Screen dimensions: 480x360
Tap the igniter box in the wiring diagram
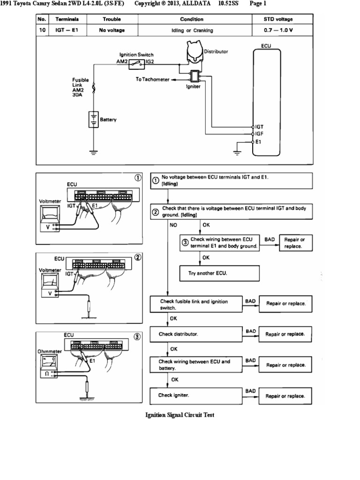coord(194,75)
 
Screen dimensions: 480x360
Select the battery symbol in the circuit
coord(93,120)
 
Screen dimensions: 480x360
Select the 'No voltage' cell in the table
coord(112,30)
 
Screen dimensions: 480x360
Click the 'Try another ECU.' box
coord(219,273)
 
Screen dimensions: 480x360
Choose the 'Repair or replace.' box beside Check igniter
coord(285,396)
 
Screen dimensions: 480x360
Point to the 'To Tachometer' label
coord(152,79)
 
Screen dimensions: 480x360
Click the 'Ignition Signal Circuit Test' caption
coord(180,415)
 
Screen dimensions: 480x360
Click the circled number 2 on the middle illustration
coord(137,257)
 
